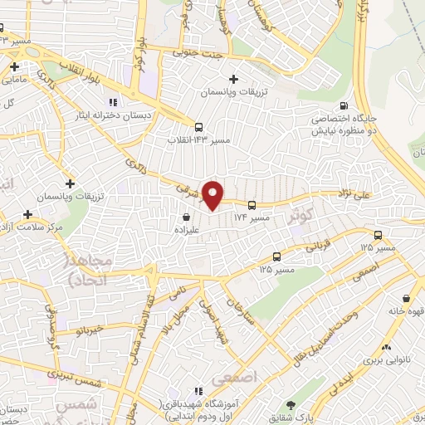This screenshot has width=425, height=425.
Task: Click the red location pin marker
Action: pyautogui.click(x=214, y=195)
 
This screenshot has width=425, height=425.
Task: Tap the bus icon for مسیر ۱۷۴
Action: pyautogui.click(x=252, y=203)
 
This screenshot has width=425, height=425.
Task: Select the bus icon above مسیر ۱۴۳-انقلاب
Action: pyautogui.click(x=198, y=127)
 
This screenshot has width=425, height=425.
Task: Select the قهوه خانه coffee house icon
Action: pyautogui.click(x=405, y=298)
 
